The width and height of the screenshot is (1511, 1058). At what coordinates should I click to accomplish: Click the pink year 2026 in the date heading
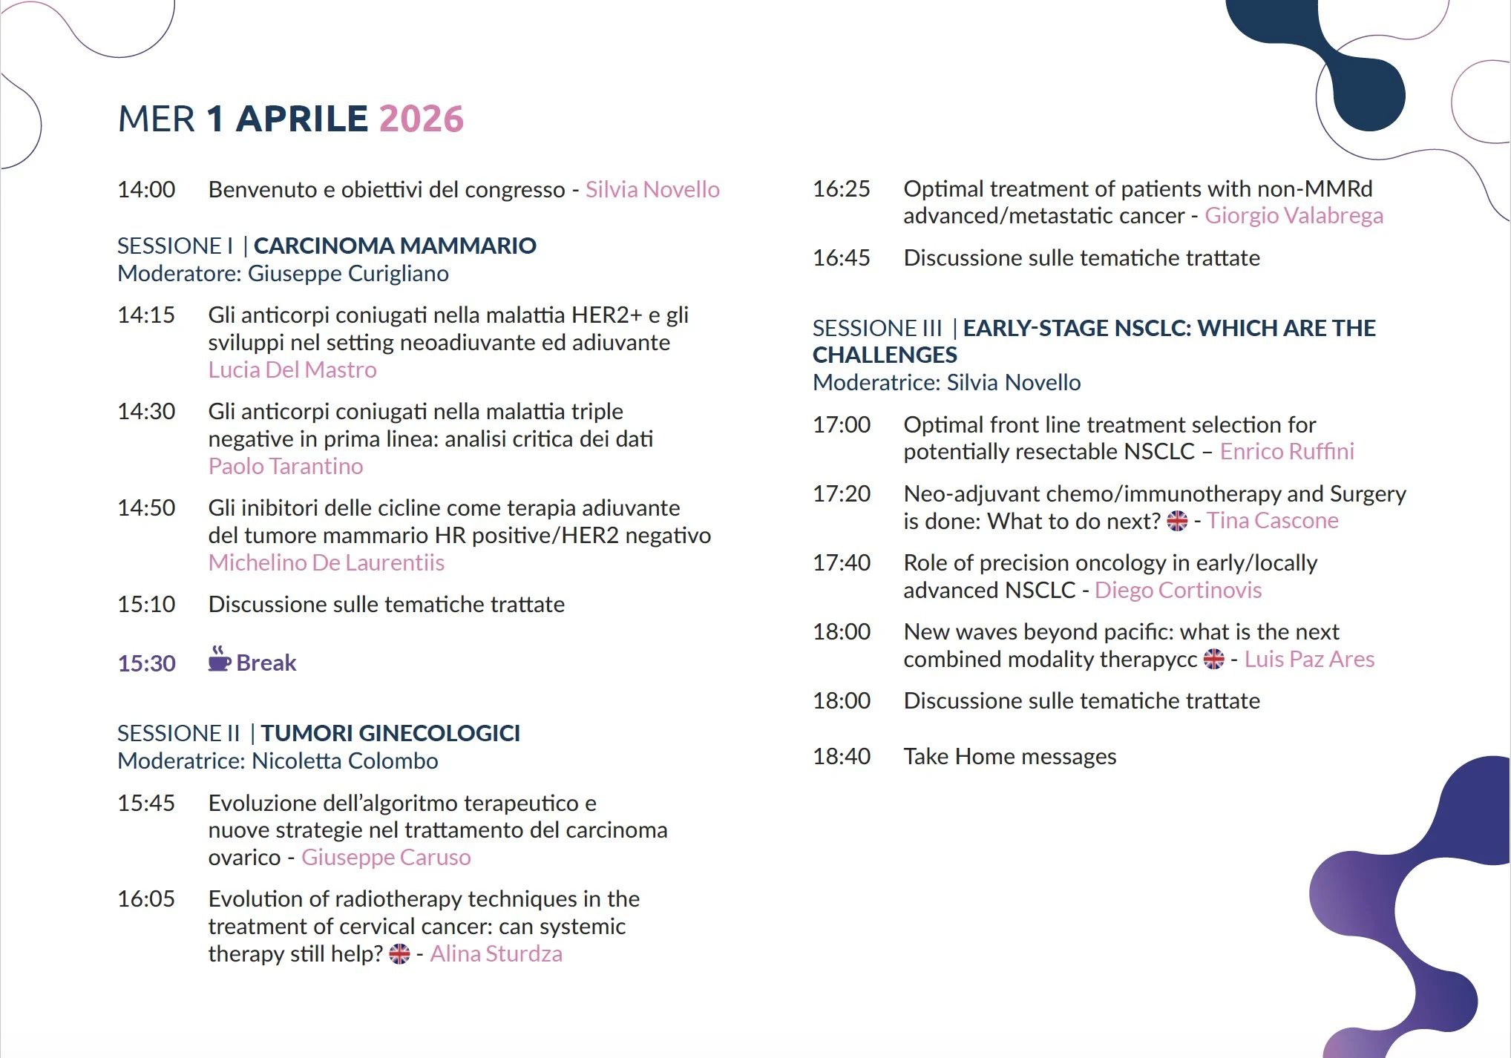[421, 119]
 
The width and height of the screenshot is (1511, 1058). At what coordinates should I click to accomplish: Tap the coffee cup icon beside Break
[219, 659]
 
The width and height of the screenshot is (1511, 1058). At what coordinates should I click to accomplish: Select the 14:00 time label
[146, 190]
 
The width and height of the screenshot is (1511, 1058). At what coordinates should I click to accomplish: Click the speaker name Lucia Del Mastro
[292, 369]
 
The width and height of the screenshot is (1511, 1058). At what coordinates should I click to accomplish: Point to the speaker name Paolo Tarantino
[286, 466]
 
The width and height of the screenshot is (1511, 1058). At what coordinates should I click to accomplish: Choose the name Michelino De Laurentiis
[327, 562]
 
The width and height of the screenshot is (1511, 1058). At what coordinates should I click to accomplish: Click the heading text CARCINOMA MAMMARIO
[395, 246]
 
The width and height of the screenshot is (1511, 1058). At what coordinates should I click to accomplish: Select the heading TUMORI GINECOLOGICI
[390, 733]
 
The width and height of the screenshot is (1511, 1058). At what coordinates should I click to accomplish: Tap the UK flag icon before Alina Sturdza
[399, 953]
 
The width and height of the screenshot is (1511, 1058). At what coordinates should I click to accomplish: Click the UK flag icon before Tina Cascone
[1177, 521]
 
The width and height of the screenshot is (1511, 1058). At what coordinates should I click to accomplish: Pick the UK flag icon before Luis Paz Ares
[1214, 659]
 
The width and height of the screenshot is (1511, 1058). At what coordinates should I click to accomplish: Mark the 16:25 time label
[842, 189]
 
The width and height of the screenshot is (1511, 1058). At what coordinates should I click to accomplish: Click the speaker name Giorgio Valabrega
[1294, 216]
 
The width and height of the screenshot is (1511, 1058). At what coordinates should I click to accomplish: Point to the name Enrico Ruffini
[1287, 452]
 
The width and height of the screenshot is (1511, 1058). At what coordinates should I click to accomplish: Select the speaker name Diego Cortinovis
[1178, 590]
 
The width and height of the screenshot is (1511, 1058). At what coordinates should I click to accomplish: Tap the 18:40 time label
[842, 756]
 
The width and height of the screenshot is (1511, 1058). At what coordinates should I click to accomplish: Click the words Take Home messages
[1009, 756]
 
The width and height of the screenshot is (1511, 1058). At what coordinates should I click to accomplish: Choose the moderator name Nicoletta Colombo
[345, 760]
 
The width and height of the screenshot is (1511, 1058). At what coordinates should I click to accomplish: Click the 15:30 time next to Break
[146, 663]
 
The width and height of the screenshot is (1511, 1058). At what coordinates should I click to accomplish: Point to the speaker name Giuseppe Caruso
[386, 857]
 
